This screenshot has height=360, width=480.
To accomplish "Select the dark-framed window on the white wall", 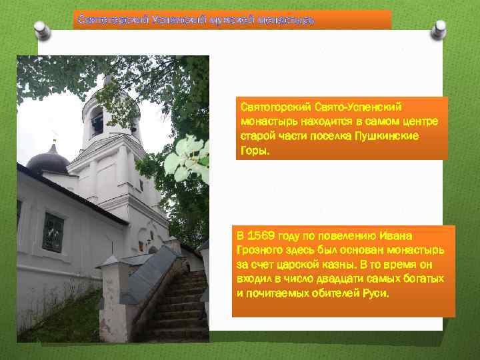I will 53,233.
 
